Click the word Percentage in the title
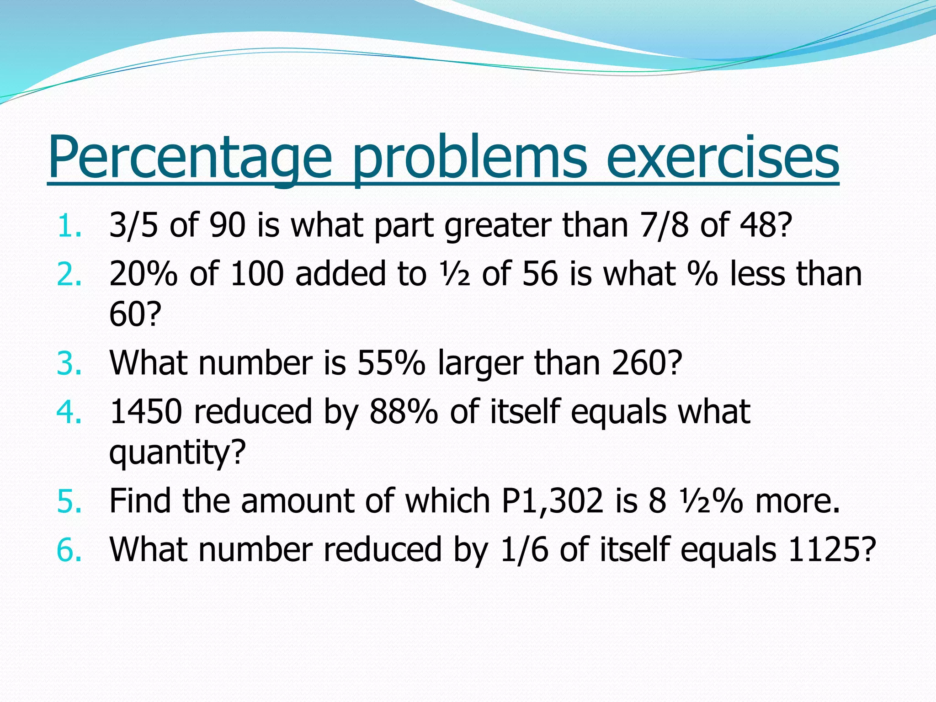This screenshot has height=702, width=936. click(x=190, y=158)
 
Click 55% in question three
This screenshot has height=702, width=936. click(x=391, y=363)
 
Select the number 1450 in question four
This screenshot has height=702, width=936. click(x=146, y=411)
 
